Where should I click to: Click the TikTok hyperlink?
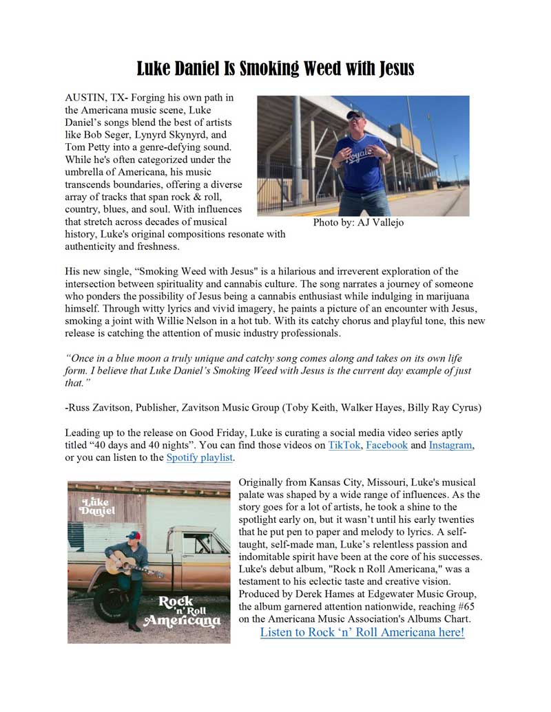coord(344,445)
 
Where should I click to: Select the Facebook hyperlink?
coord(386,445)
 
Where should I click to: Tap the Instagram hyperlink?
coord(450,445)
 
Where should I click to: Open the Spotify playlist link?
coord(200,457)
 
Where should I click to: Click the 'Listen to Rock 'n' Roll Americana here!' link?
coord(362,632)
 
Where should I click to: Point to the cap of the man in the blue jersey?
coord(355,114)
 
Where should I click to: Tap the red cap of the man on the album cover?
coord(133,535)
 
